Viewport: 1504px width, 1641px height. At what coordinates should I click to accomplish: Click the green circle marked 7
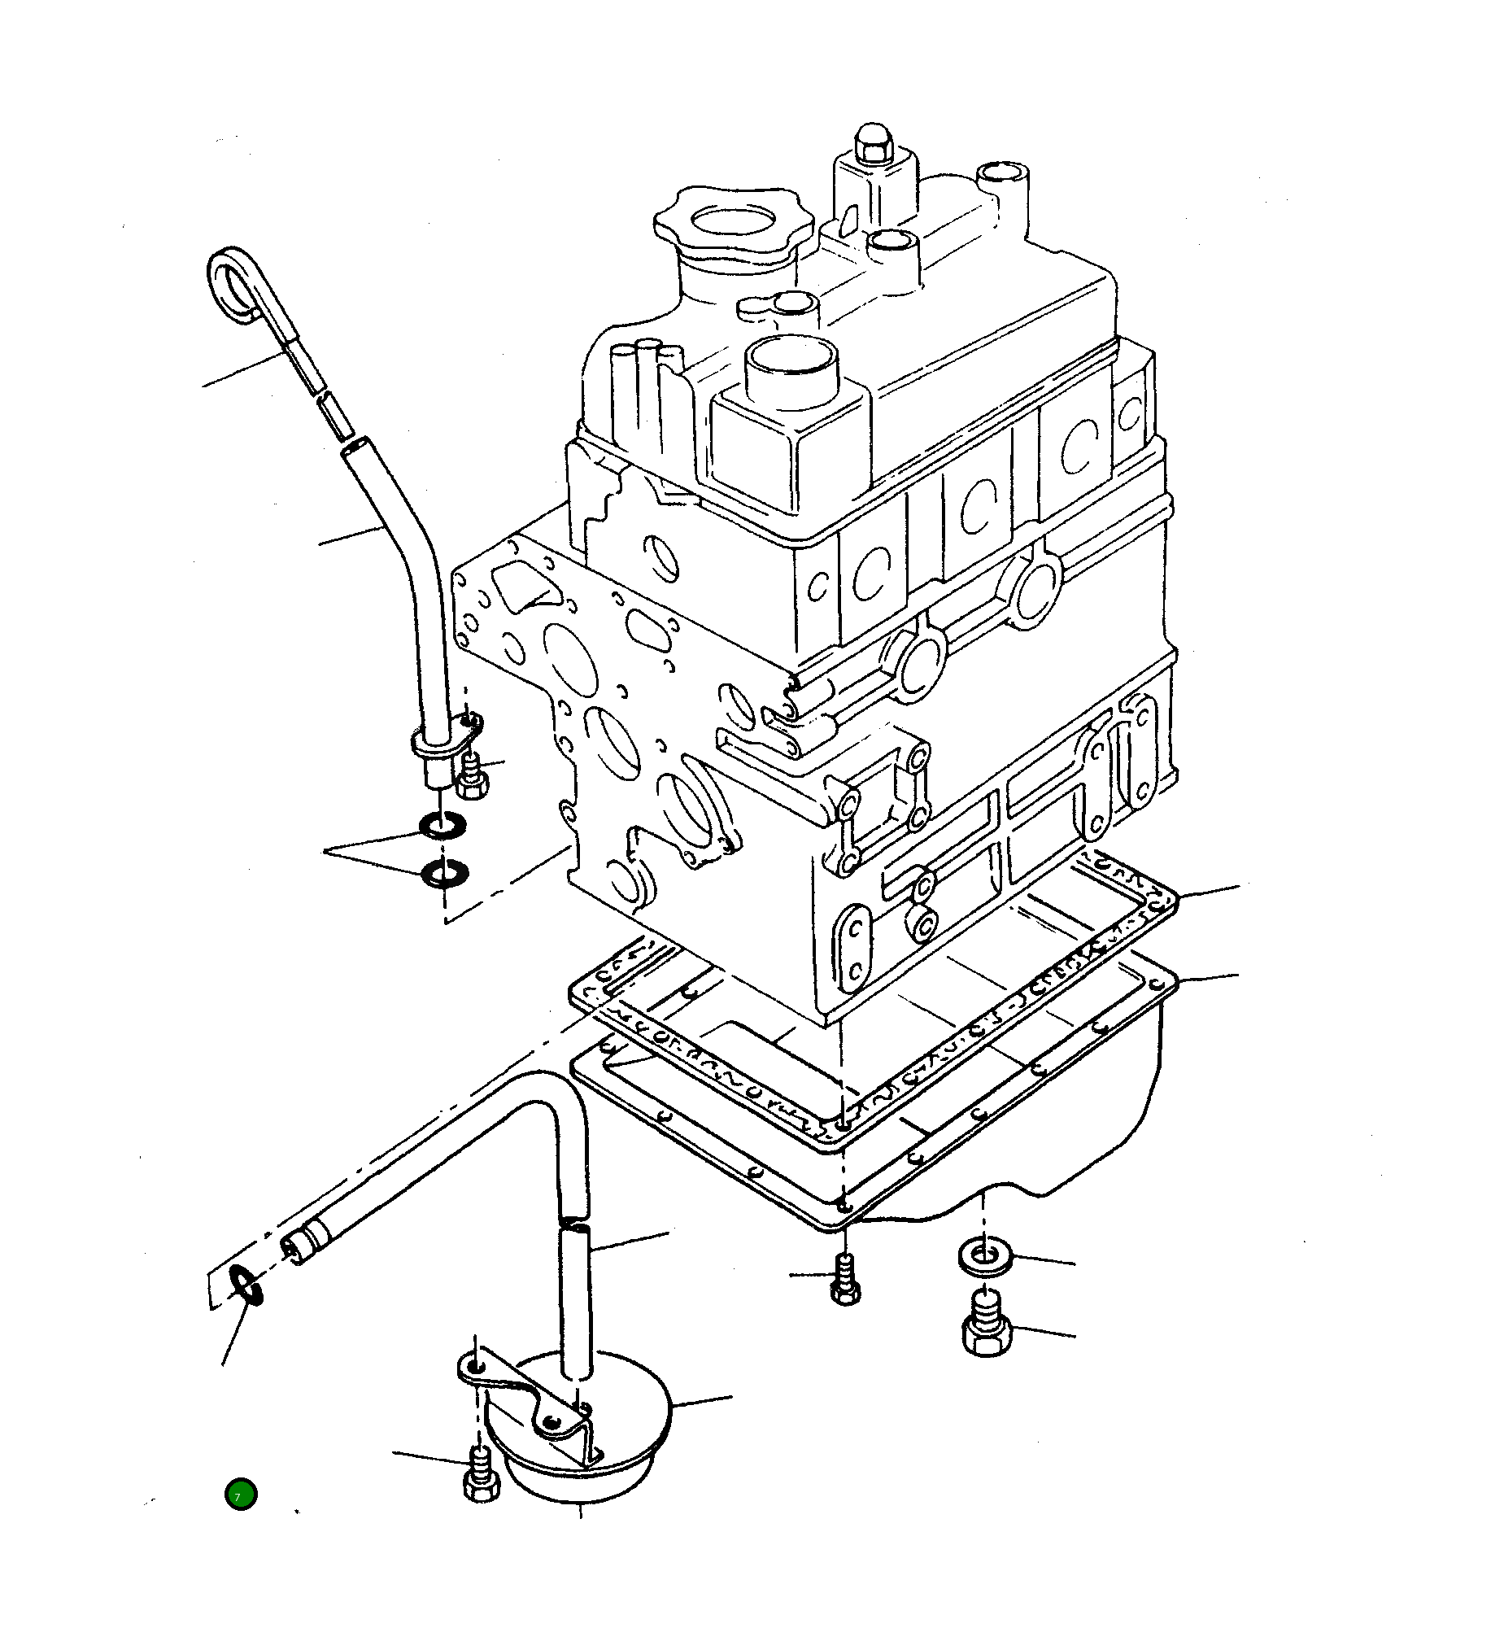241,1495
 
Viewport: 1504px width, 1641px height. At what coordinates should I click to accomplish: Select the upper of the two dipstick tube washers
443,828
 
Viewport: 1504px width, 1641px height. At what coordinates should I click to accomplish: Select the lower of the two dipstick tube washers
444,875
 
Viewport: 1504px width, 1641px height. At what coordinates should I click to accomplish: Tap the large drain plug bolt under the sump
986,1331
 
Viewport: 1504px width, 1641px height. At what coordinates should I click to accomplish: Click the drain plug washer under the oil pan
985,1254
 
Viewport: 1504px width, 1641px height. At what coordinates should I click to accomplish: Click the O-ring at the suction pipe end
245,1285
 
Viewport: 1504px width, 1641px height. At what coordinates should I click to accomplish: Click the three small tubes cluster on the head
647,357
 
